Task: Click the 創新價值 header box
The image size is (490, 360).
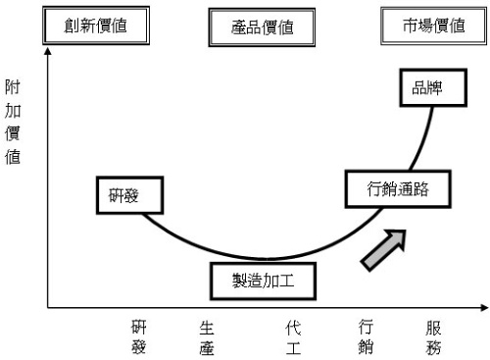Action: click(97, 26)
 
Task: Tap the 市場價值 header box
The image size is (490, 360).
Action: click(434, 26)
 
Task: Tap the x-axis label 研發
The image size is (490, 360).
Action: click(139, 335)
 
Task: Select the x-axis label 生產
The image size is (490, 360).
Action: click(207, 335)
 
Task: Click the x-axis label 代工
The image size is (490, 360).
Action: click(292, 335)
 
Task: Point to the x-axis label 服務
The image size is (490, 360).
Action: click(433, 335)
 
